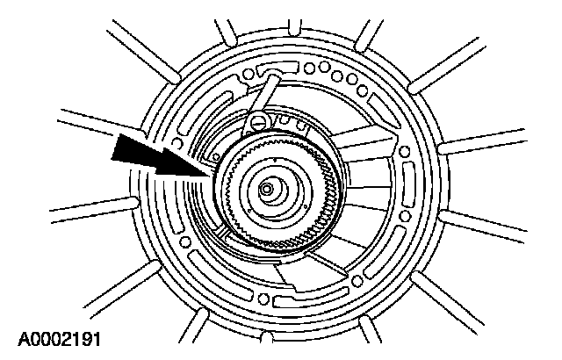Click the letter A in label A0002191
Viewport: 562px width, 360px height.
[x=19, y=336]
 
